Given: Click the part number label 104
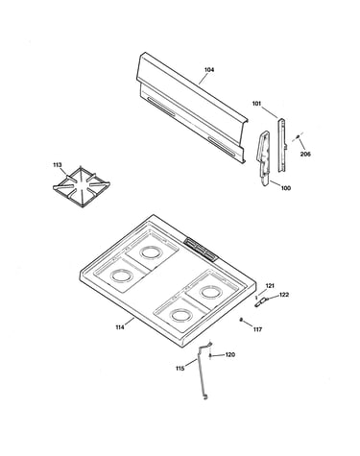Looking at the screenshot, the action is coord(209,70).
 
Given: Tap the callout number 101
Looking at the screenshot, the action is coord(256,104).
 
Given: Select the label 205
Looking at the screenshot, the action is coord(305,155).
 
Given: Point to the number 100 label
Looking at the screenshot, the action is coord(286,188).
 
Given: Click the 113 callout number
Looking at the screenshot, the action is coord(58,165).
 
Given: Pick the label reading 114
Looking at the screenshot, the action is coord(120,327).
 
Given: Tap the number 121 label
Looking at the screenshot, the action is coord(270,286).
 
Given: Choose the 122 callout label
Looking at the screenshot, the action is coord(284,295).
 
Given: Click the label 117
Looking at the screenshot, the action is coord(257,329).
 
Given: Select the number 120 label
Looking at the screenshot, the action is coord(230,354).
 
